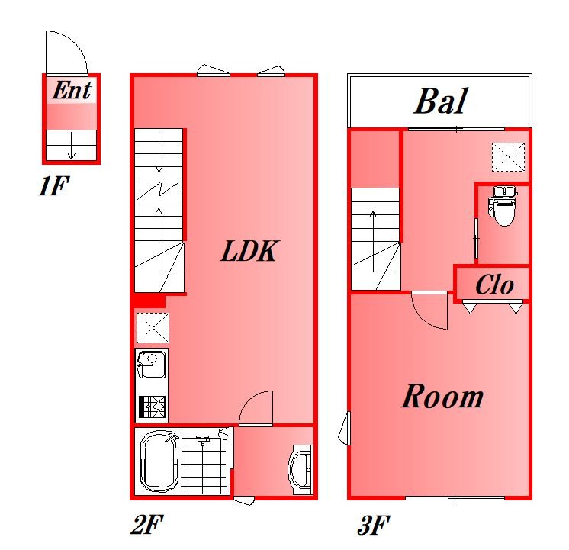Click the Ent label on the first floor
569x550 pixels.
click(x=72, y=90)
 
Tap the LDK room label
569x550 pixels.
click(x=249, y=251)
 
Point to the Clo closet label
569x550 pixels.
click(x=494, y=285)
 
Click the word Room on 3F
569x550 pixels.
click(x=442, y=396)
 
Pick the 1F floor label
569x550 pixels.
click(x=53, y=186)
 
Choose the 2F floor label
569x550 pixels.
click(x=147, y=524)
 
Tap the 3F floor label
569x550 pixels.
click(x=374, y=525)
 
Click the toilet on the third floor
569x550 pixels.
click(x=502, y=205)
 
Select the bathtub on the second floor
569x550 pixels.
click(x=159, y=461)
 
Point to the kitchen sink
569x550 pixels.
click(x=152, y=364)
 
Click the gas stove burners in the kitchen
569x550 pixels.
click(x=152, y=407)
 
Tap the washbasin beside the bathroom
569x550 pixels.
click(x=301, y=469)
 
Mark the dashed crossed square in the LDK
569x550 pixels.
click(x=153, y=328)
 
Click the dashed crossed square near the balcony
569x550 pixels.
click(x=508, y=157)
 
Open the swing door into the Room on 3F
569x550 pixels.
click(x=430, y=310)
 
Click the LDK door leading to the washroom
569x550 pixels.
click(x=256, y=408)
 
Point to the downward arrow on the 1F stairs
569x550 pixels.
click(x=72, y=146)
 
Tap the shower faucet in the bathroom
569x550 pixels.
click(x=203, y=441)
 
